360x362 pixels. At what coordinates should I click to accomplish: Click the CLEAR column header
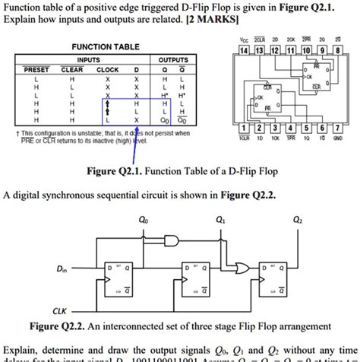(x=72, y=68)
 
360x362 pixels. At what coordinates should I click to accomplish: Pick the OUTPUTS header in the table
(x=172, y=58)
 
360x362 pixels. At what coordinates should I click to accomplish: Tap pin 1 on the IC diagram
(x=245, y=128)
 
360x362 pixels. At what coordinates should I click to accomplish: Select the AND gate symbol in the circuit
(x=172, y=241)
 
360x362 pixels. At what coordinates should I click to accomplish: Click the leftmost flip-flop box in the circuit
(x=124, y=281)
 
